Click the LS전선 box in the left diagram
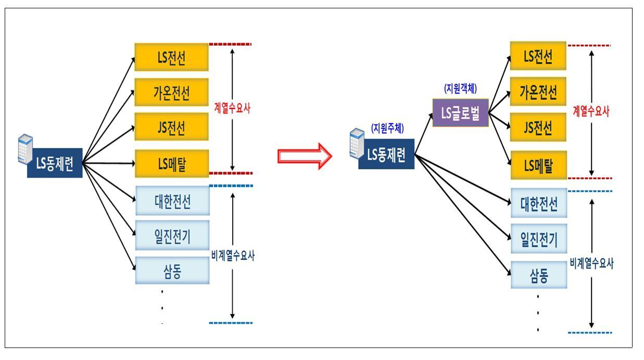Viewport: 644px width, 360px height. click(x=171, y=57)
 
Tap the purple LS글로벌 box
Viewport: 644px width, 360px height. click(x=460, y=113)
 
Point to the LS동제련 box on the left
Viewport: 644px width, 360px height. click(x=55, y=165)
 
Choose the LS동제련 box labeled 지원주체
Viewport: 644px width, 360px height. click(x=386, y=154)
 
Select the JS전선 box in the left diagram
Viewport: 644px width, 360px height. click(x=171, y=127)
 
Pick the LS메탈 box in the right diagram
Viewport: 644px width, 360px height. click(x=538, y=165)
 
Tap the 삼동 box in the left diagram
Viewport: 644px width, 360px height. click(x=172, y=270)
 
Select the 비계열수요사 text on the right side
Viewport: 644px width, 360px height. click(x=591, y=264)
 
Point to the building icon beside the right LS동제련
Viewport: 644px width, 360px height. click(x=357, y=141)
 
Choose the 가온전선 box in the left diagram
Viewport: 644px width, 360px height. click(x=171, y=92)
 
